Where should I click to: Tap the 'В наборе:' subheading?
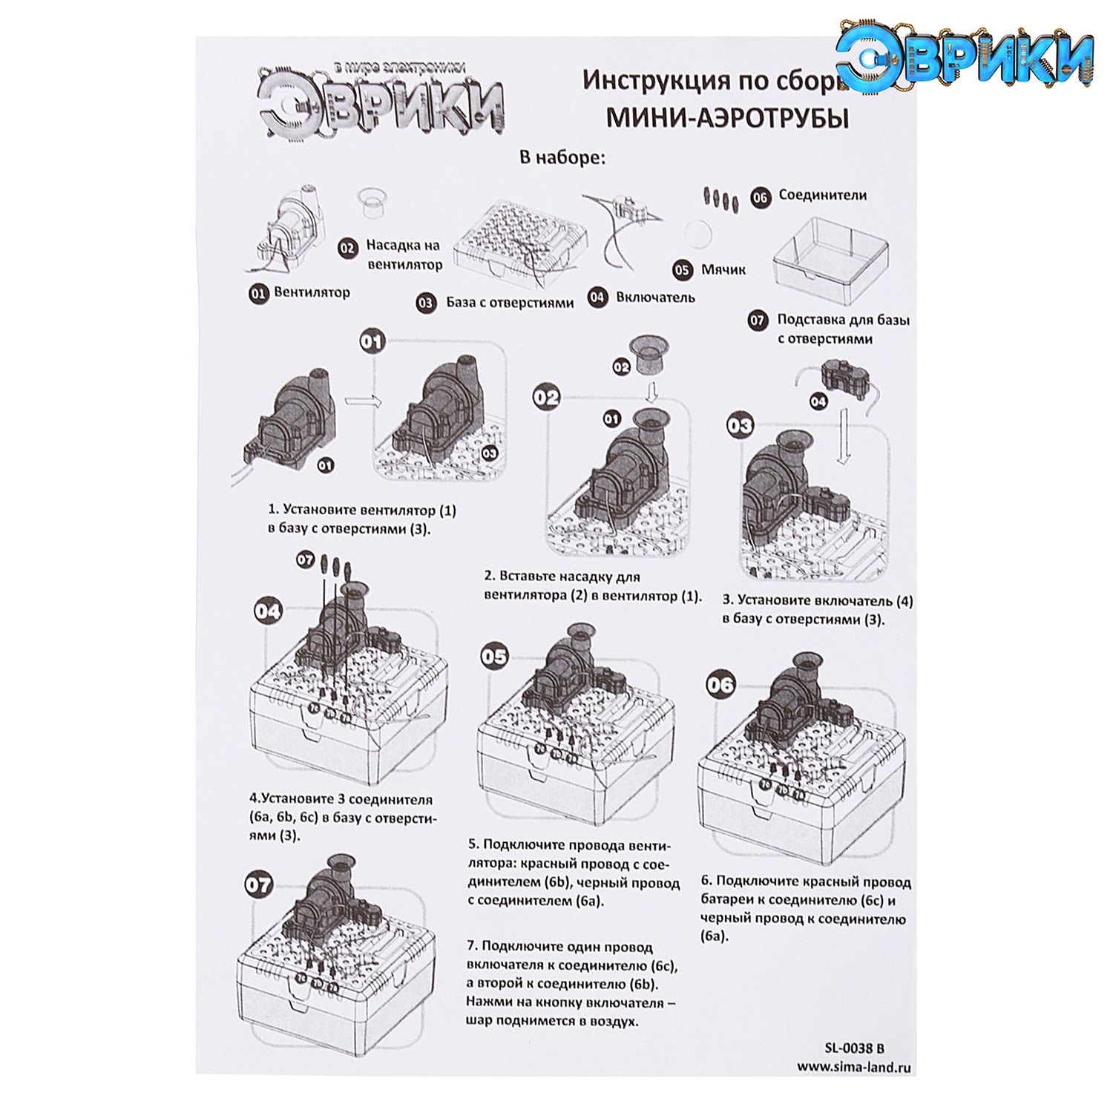point(562,157)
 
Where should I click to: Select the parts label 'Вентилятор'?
point(312,292)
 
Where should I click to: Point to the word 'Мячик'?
point(723,269)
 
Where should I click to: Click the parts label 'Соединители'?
point(822,195)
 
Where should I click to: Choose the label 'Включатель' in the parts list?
point(655,298)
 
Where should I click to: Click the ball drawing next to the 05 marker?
point(697,235)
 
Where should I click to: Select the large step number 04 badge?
point(268,611)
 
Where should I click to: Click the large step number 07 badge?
point(259,884)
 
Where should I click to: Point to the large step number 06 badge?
point(720,684)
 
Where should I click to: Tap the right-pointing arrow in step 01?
point(363,401)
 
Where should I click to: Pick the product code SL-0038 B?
point(854,1048)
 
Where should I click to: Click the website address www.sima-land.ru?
point(854,1068)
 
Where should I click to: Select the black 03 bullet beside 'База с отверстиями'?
point(426,303)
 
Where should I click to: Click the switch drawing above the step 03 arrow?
point(845,379)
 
